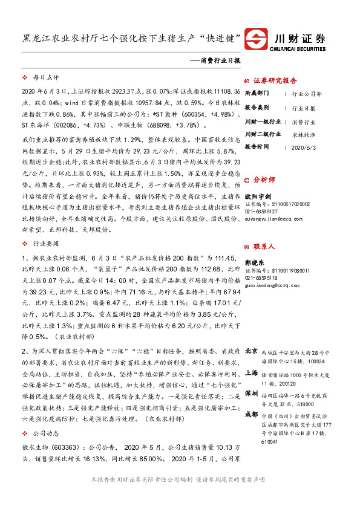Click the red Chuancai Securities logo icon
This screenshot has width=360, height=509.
tap(255, 40)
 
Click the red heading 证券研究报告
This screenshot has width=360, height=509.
tap(275, 80)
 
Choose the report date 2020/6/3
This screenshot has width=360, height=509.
tap(303, 147)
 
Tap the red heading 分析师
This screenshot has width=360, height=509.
tap(264, 180)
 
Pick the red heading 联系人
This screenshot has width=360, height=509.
tap(264, 247)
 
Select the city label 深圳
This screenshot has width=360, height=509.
tap(252, 393)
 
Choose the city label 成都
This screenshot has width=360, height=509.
tap(252, 415)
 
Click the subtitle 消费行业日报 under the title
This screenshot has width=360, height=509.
tap(220, 61)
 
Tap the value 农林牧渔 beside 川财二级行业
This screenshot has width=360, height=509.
tap(303, 134)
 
